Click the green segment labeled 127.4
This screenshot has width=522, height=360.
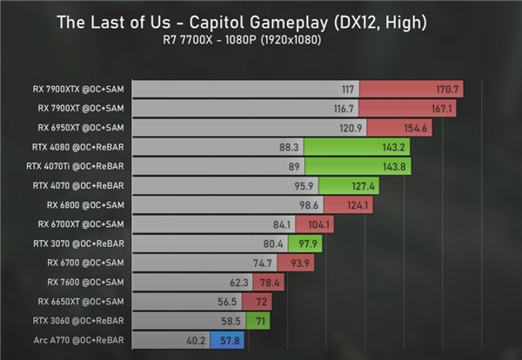click(x=348, y=185)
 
